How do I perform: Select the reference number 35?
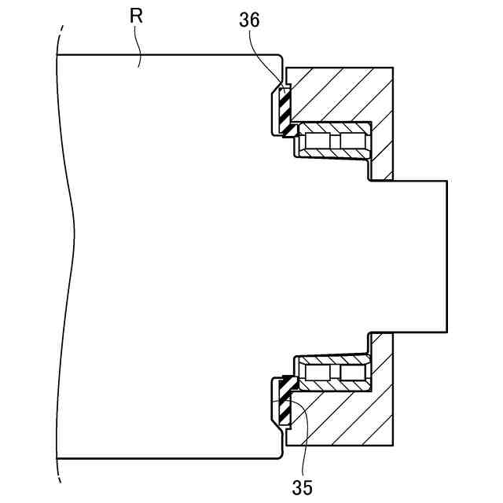pyautogui.click(x=302, y=487)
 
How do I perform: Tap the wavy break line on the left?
pyautogui.click(x=69, y=236)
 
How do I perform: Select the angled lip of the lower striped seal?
pyautogui.click(x=288, y=384)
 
